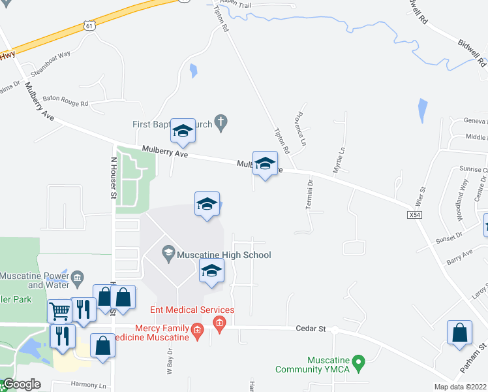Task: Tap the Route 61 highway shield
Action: point(89,25)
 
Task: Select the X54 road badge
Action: point(414,214)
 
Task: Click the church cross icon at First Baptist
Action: point(221,121)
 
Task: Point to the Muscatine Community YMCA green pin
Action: point(358,361)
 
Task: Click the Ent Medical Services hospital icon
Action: point(219,323)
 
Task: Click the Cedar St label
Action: point(312,329)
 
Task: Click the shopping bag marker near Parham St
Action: point(459,332)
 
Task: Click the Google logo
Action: point(21,384)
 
